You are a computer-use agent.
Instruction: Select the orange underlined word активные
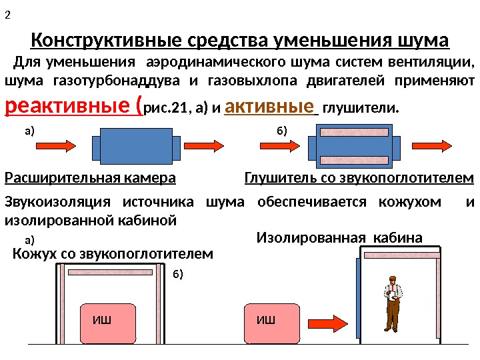point(269,106)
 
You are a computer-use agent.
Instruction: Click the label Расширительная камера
point(90,178)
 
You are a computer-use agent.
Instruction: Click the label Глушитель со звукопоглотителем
point(359,178)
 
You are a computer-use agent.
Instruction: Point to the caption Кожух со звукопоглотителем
point(113,253)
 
